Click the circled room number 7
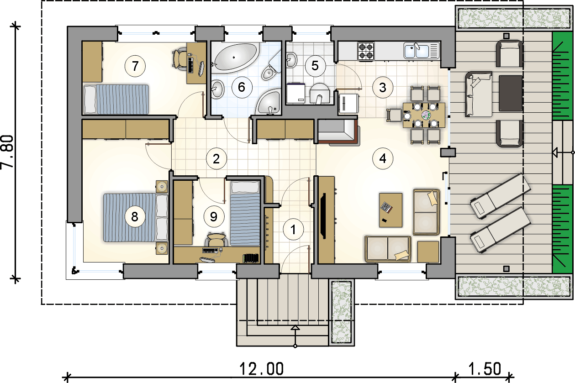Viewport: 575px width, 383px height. pos(135,66)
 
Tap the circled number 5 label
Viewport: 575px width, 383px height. pos(315,66)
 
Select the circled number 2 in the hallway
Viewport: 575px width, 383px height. pos(216,159)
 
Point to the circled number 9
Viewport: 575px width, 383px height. pos(214,217)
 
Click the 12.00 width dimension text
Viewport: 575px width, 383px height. pos(262,369)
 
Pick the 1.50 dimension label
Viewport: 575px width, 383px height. pos(485,369)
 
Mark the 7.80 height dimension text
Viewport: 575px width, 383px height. pos(7,152)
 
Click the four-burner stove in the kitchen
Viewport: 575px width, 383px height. pos(366,51)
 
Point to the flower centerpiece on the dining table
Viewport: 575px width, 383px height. pos(426,115)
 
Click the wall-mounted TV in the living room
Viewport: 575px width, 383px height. pos(323,216)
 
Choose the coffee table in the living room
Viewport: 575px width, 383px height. pos(390,210)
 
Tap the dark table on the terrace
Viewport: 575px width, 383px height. pos(511,94)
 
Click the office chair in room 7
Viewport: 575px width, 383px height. pos(179,59)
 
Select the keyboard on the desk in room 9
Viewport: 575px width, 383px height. pos(211,251)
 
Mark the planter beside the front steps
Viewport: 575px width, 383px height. pos(342,312)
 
